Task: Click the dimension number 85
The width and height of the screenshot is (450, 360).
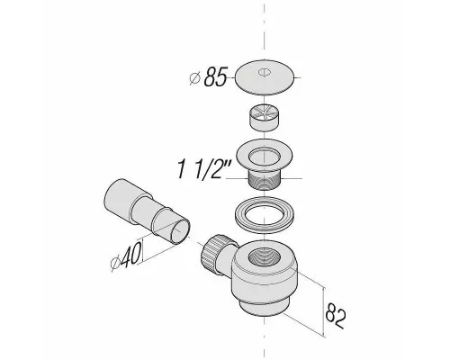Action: click(215, 76)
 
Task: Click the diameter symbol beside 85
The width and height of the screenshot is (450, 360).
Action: click(195, 78)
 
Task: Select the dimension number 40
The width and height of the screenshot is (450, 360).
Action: click(130, 255)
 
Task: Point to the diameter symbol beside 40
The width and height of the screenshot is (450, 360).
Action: click(115, 264)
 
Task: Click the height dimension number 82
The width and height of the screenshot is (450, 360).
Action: click(336, 315)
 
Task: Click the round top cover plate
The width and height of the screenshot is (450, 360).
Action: click(264, 77)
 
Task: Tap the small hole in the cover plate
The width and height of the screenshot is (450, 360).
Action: click(264, 72)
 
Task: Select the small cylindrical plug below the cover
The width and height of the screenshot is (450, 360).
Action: click(264, 117)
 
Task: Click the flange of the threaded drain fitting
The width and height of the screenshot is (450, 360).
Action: click(264, 156)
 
